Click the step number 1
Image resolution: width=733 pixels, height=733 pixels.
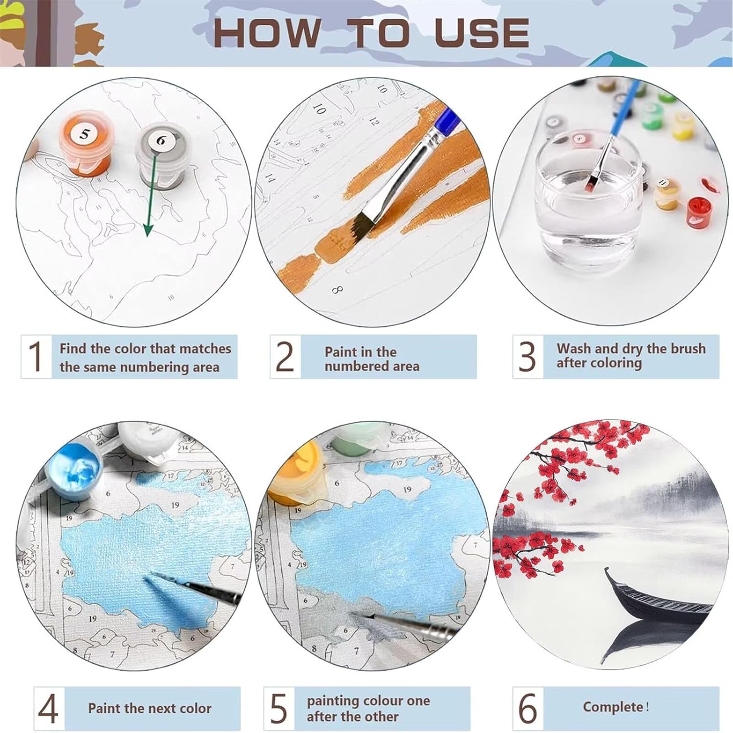click(36, 356)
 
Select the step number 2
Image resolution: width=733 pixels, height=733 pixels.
click(285, 357)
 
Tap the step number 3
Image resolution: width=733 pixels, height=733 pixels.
click(527, 357)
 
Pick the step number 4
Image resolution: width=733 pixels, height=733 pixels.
click(48, 709)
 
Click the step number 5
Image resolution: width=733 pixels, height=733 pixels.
click(279, 709)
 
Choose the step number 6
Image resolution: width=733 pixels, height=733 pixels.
click(528, 709)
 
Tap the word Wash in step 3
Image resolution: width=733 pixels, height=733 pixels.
click(574, 349)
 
